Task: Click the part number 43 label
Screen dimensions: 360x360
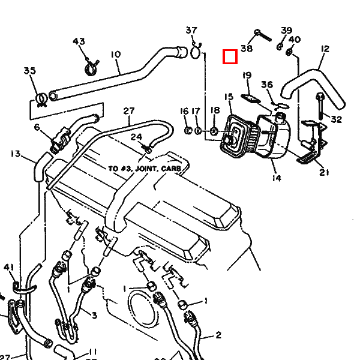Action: [x=79, y=41]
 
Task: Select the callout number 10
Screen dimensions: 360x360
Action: [x=116, y=55]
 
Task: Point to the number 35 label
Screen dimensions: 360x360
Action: [x=30, y=71]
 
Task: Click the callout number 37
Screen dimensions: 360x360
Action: [x=191, y=31]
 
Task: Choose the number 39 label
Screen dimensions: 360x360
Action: [x=287, y=31]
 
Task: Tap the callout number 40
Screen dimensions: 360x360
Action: [x=294, y=40]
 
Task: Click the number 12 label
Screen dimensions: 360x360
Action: [x=325, y=49]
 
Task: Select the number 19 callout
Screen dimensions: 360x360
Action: [x=247, y=75]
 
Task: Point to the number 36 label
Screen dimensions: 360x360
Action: [x=267, y=85]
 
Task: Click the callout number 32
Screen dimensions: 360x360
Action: [x=336, y=119]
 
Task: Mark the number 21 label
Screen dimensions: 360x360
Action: [x=324, y=173]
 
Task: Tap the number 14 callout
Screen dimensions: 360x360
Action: [x=276, y=178]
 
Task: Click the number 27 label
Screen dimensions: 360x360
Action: [x=129, y=110]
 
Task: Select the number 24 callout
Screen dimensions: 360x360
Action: [x=137, y=137]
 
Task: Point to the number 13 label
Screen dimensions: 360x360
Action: [x=16, y=154]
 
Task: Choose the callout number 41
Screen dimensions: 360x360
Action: [x=8, y=267]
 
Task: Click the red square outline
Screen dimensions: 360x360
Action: [x=230, y=56]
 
